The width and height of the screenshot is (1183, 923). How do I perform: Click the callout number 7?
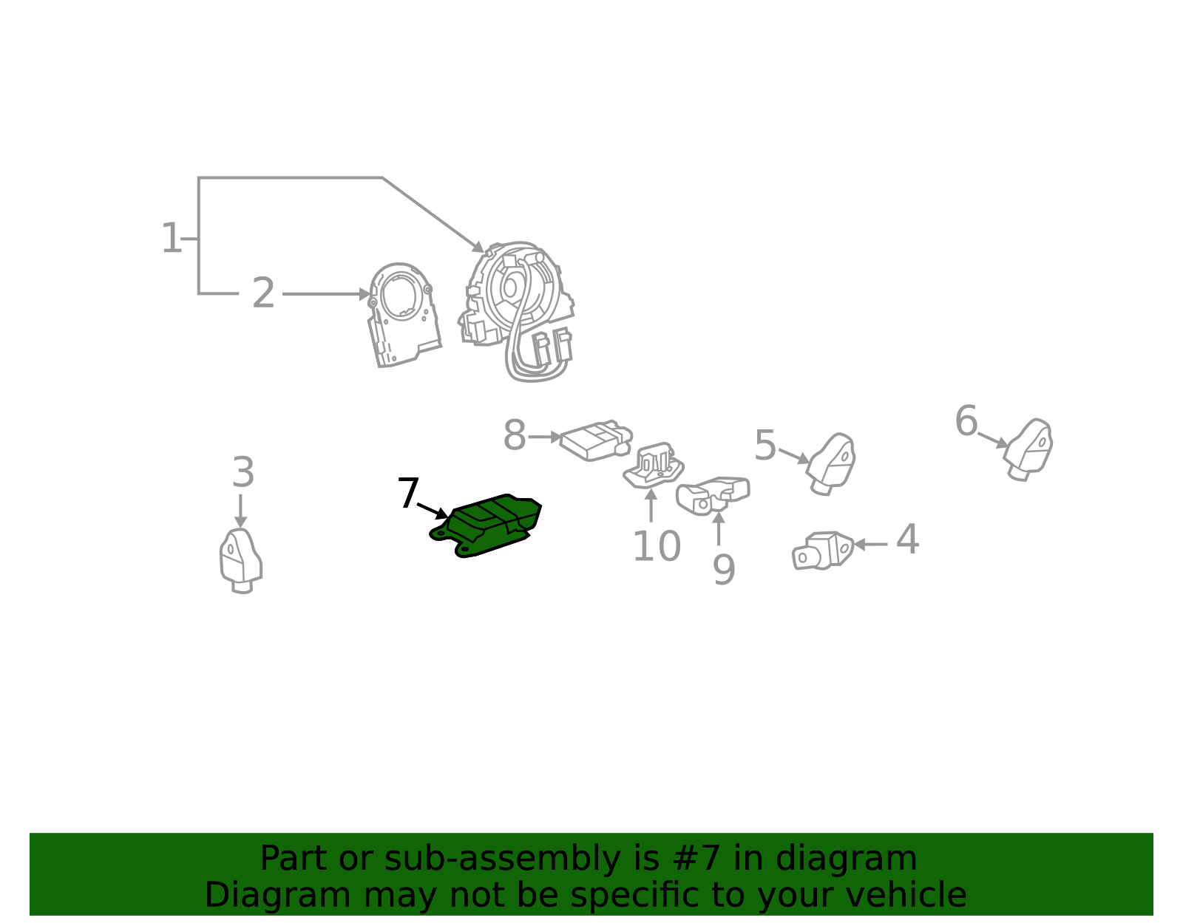click(x=408, y=493)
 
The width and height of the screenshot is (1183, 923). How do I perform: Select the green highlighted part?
click(x=487, y=525)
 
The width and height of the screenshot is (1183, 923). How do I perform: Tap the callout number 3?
click(x=243, y=472)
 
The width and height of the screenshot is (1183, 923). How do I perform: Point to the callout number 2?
click(x=263, y=293)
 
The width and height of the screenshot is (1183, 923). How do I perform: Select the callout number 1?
click(x=171, y=238)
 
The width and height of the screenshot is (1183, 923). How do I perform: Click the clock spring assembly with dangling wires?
click(x=517, y=311)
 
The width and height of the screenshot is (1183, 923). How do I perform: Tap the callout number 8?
click(x=515, y=435)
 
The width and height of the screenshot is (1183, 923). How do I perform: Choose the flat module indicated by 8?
click(x=596, y=440)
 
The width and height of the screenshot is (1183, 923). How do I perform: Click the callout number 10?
click(x=657, y=546)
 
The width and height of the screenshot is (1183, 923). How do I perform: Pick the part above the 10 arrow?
click(x=654, y=466)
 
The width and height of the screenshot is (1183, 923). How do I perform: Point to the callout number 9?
click(x=724, y=570)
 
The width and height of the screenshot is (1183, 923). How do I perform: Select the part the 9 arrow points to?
click(x=713, y=495)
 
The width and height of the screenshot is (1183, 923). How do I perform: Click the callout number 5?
click(x=765, y=445)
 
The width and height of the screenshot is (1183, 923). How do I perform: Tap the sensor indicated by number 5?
click(x=831, y=464)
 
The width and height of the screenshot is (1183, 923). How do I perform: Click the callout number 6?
click(x=966, y=421)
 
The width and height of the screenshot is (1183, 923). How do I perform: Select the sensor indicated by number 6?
click(x=1028, y=450)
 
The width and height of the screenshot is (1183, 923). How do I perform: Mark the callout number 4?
click(x=907, y=539)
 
